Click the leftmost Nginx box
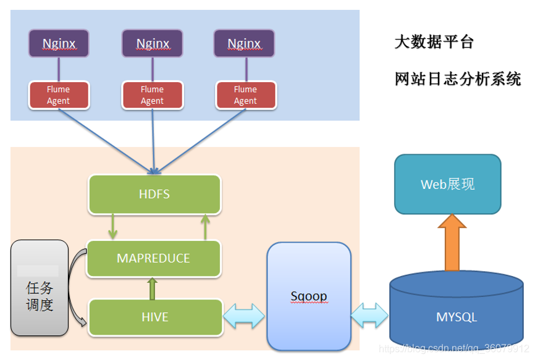coord(59,44)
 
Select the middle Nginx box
coord(152,44)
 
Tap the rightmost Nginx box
coord(244,44)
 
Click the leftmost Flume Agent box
coord(59,95)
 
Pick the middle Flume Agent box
coord(152,95)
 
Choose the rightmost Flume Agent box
coord(245,95)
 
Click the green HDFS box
coord(154,195)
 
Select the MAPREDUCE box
coord(154,258)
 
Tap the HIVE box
coord(154,317)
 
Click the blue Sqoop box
coord(309,296)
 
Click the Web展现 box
coord(448,185)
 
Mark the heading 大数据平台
coord(434,43)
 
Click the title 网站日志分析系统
coord(458,79)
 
